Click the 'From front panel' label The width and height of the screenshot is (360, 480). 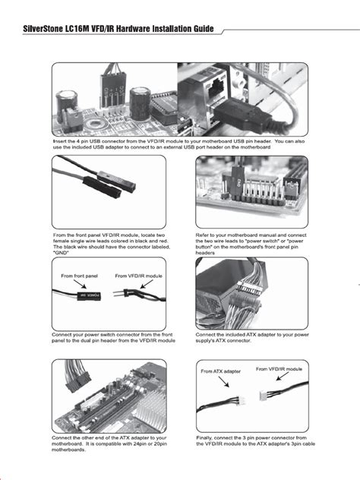[77, 276]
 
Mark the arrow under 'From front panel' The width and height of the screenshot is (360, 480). [79, 286]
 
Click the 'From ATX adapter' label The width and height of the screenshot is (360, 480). [221, 371]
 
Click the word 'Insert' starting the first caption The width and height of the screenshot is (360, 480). [60, 141]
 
